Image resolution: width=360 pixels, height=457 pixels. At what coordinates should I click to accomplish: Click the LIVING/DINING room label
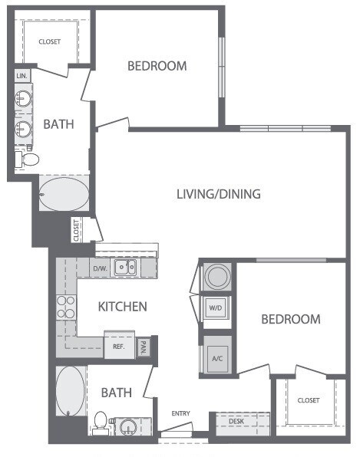[219, 194]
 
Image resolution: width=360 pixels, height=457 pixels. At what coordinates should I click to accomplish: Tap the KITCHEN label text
[123, 307]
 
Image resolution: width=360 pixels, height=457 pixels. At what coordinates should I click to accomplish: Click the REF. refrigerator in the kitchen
[119, 347]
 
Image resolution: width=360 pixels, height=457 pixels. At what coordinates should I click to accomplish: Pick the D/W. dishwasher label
[100, 268]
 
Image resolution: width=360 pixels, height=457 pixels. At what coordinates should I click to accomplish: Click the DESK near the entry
[236, 421]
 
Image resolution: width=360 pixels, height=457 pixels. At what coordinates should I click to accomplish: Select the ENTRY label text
[181, 414]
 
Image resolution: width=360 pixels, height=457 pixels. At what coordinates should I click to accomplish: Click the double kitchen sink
[125, 268]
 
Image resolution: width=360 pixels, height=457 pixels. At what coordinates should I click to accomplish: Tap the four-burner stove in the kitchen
[65, 307]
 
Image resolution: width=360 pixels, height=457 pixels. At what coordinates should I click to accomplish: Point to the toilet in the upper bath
[29, 159]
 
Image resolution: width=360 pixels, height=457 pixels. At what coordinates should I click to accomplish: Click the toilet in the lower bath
[101, 422]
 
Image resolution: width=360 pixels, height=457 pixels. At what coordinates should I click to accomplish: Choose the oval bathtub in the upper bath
[64, 195]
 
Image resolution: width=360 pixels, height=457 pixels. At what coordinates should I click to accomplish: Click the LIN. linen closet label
[21, 76]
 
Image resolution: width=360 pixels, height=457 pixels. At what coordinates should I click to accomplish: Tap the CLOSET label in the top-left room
[51, 41]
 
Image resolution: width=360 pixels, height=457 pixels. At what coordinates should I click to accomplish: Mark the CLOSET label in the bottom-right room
[309, 400]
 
